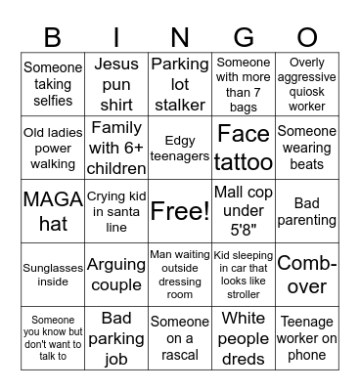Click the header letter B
(x=52, y=38)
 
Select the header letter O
(x=306, y=38)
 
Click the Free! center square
(x=179, y=211)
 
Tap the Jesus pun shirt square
(x=115, y=84)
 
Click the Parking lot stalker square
(x=179, y=84)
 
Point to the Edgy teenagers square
(x=179, y=147)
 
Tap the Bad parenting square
(x=306, y=211)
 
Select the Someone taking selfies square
(x=52, y=84)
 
